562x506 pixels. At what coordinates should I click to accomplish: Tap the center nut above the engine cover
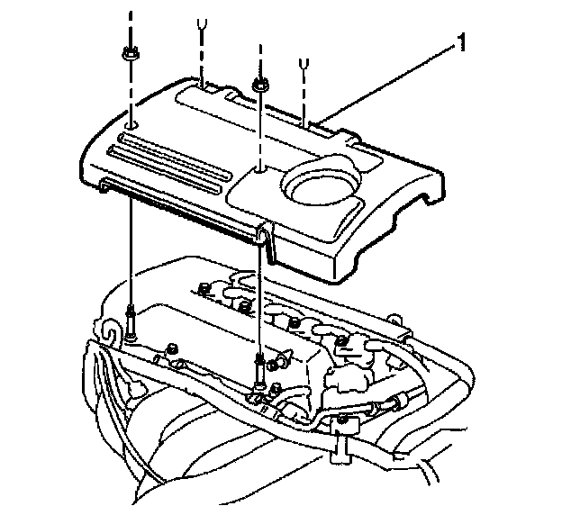(x=258, y=85)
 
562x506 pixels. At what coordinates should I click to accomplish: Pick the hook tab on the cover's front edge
(x=261, y=235)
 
